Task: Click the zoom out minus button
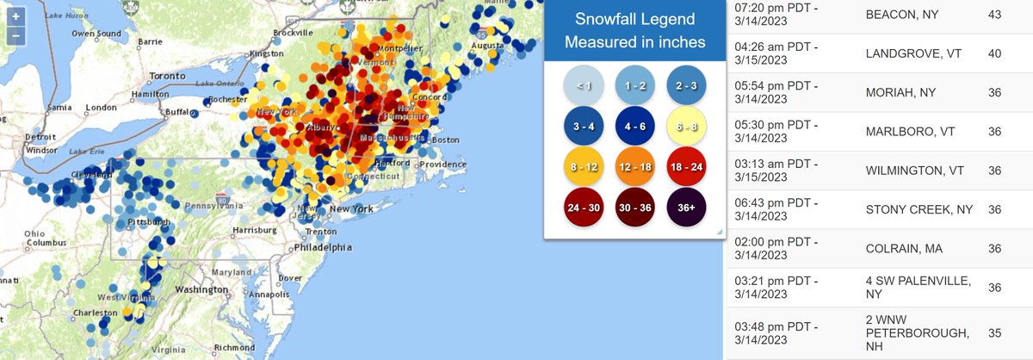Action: (16, 36)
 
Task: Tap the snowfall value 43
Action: (994, 16)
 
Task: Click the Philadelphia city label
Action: (323, 246)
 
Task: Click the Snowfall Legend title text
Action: (634, 30)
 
